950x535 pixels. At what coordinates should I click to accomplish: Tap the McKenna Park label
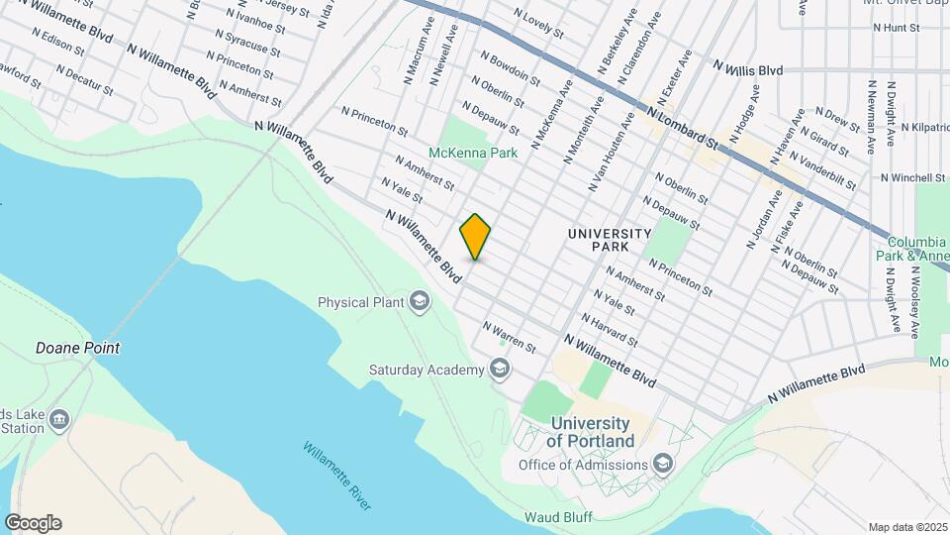(x=473, y=154)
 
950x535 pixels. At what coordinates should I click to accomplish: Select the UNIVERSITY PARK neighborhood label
(x=610, y=239)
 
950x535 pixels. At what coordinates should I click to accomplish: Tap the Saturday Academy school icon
(x=500, y=370)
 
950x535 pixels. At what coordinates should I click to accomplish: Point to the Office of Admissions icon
(x=662, y=465)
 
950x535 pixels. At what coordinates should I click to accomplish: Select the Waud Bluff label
(x=558, y=516)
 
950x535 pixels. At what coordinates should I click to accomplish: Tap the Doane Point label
(x=77, y=348)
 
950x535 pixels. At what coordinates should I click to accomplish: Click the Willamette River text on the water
(x=337, y=477)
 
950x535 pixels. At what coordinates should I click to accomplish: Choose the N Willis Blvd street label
(x=748, y=68)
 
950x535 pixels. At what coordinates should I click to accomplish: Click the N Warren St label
(x=509, y=337)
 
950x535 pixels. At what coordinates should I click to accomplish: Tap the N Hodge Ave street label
(x=744, y=112)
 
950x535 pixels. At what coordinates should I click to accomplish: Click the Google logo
(x=33, y=523)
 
